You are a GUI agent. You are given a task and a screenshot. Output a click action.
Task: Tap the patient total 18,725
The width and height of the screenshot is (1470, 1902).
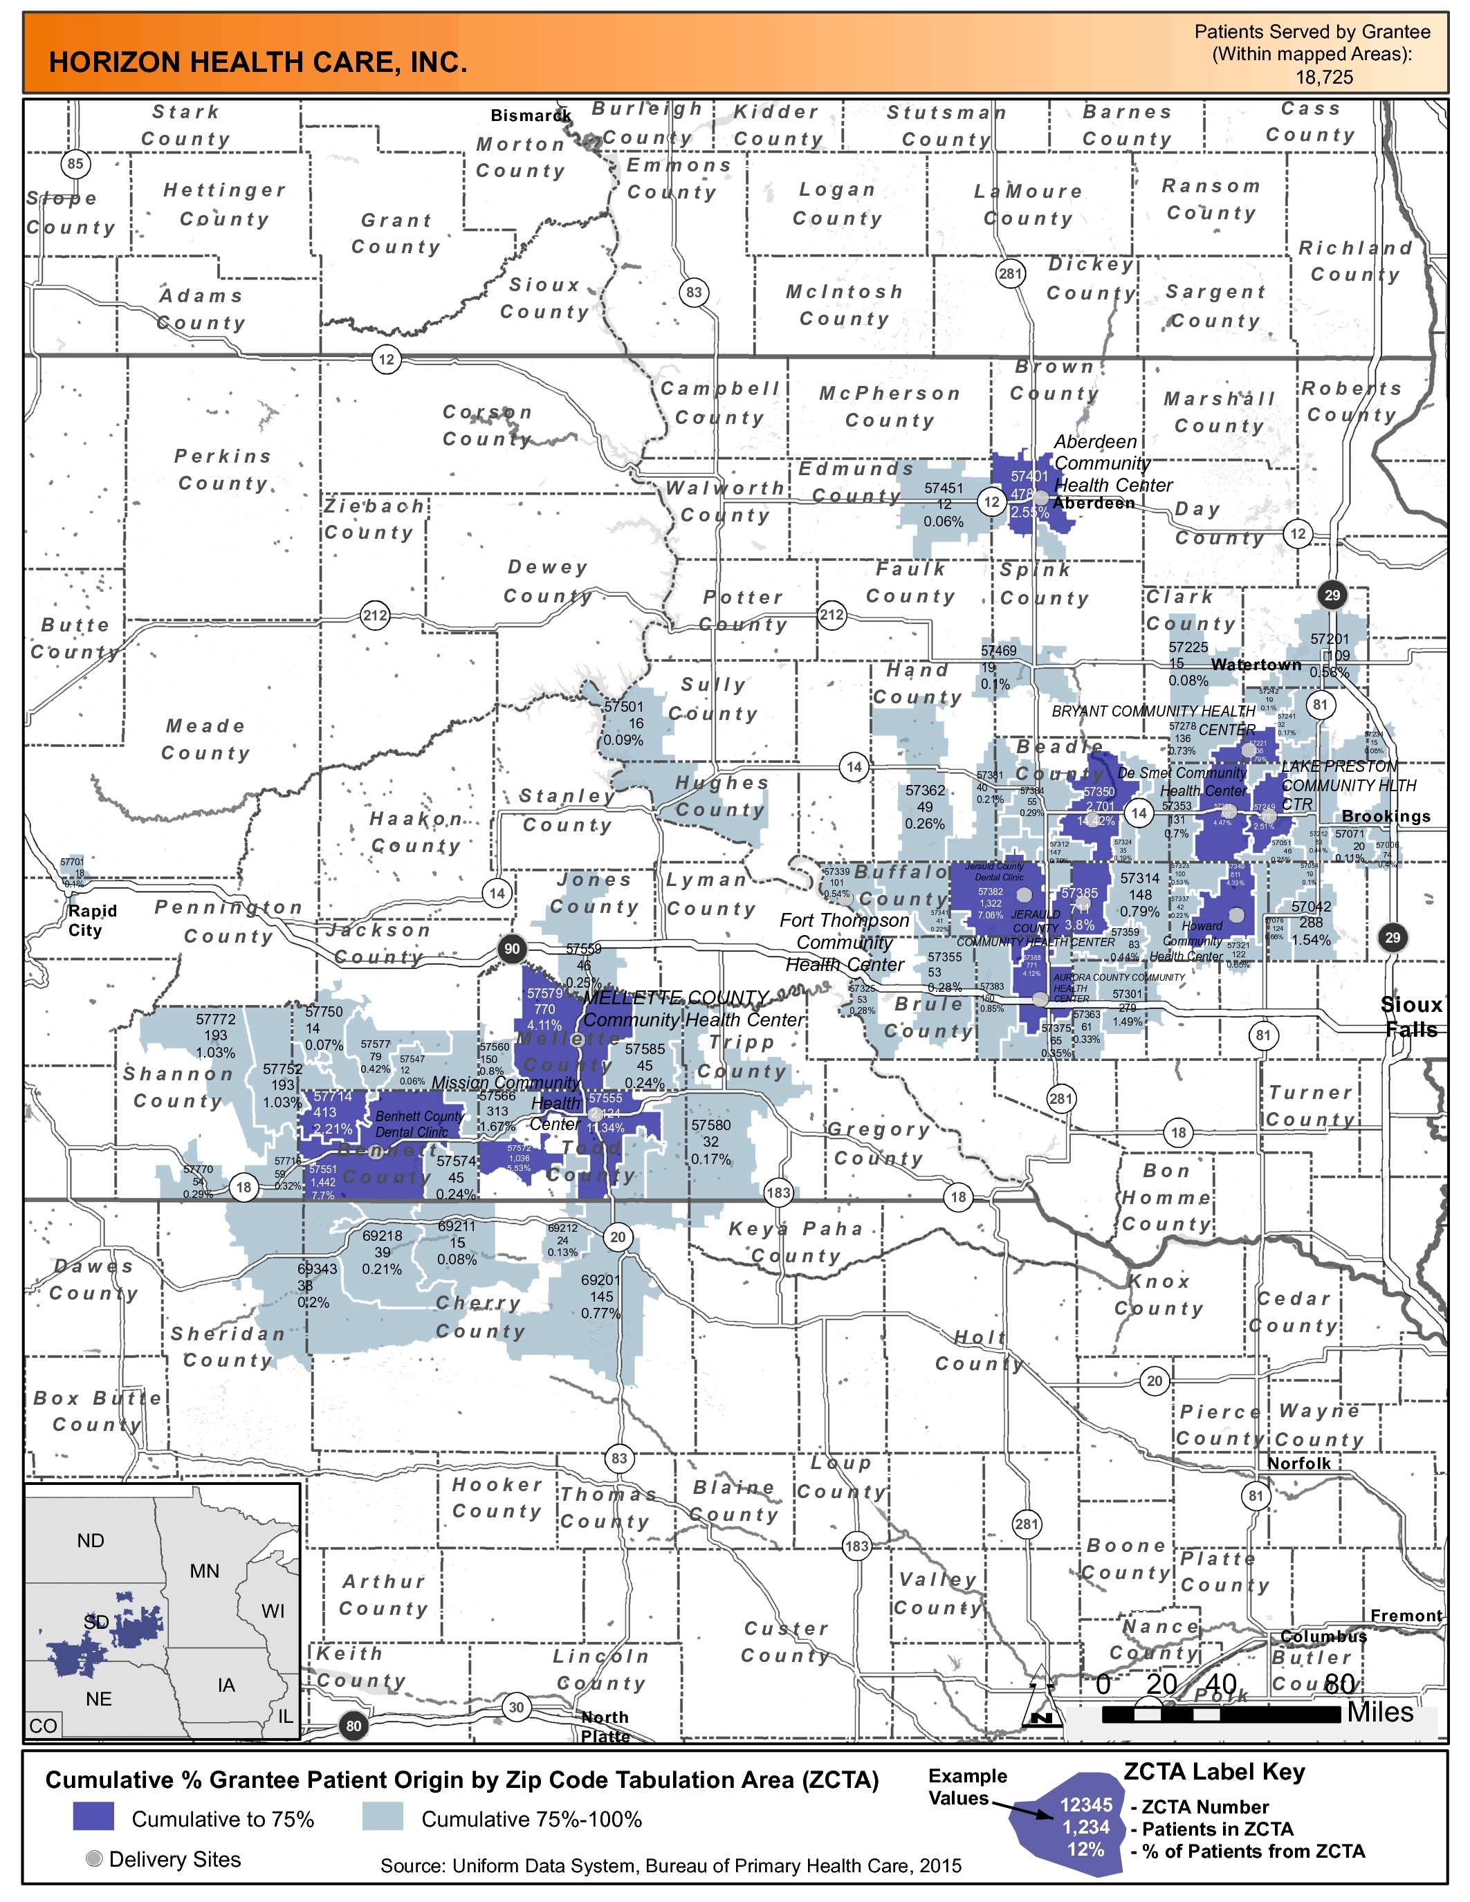click(x=1324, y=77)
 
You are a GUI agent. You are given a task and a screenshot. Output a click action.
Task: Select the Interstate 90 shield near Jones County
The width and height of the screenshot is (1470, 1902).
click(x=512, y=949)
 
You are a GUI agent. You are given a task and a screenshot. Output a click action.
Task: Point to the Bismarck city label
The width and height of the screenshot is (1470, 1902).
click(x=531, y=116)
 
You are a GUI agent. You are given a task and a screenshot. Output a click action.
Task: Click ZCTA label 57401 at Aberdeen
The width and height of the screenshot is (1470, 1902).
click(x=1029, y=477)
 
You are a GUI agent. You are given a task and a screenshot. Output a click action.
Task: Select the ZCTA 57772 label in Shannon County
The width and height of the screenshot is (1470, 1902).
click(x=215, y=1019)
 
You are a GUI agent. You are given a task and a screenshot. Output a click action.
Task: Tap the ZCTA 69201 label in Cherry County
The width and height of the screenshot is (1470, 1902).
click(x=601, y=1280)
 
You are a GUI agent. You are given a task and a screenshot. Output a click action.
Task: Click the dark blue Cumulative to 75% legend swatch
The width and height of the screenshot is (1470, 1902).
click(x=93, y=1817)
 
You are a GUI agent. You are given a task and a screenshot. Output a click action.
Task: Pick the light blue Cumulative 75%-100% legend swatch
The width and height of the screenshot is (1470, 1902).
click(x=383, y=1817)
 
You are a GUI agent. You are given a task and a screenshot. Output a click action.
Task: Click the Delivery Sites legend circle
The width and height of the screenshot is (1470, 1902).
click(x=94, y=1858)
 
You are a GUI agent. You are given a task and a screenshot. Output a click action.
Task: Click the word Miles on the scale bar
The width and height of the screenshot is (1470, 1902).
click(x=1379, y=1712)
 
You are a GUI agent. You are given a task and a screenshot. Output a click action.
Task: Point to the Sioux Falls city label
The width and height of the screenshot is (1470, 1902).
click(x=1411, y=1016)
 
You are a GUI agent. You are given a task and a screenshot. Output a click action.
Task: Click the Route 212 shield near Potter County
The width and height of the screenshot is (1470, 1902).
click(x=832, y=615)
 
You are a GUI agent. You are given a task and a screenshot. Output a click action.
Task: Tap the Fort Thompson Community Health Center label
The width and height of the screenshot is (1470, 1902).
click(x=844, y=942)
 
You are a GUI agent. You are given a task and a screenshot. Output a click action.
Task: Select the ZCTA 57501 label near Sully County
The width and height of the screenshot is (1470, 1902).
click(x=623, y=706)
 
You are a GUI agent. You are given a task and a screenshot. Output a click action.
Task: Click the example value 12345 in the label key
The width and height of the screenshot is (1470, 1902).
click(x=1085, y=1805)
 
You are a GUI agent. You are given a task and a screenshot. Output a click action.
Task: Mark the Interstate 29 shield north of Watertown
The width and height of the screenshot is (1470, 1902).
click(x=1332, y=595)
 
